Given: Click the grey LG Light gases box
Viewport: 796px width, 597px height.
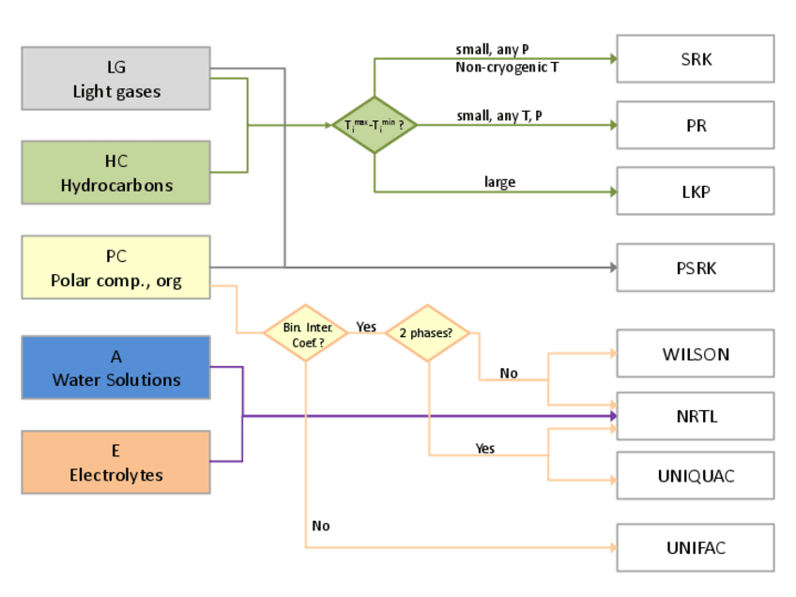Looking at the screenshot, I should point(115,79).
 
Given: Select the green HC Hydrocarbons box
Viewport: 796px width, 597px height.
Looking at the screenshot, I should point(115,173).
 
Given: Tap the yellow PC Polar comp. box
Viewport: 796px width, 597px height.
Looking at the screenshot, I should point(115,268).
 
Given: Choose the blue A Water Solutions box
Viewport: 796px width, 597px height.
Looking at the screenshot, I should point(115,367).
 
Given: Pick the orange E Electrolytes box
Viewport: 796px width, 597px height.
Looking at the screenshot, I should point(115,462).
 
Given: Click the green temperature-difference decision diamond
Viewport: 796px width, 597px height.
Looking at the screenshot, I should point(375,125).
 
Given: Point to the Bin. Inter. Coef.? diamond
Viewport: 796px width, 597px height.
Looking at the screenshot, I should point(306,333).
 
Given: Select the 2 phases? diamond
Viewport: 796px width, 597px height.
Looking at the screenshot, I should point(427,333).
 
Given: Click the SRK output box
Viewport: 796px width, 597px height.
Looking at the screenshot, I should point(696,59).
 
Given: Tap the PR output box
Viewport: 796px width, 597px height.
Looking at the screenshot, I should point(696,125).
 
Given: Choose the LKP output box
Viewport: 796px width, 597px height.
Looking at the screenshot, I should point(696,191).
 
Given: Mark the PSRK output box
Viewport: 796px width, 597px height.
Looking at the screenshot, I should point(696,268).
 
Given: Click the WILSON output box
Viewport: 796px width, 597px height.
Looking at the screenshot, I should point(696,354).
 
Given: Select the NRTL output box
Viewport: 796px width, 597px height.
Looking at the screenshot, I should point(696,415).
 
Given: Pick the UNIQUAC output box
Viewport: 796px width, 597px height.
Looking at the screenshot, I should point(696,476).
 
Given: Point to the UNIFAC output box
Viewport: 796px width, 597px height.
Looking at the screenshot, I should point(696,547).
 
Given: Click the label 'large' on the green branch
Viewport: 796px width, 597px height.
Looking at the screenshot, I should point(499,182).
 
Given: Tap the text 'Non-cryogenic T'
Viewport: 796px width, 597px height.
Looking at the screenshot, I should point(507,68).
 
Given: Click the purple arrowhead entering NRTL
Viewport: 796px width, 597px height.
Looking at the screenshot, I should point(612,415).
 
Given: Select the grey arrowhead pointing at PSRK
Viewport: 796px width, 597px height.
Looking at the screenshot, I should point(612,268).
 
